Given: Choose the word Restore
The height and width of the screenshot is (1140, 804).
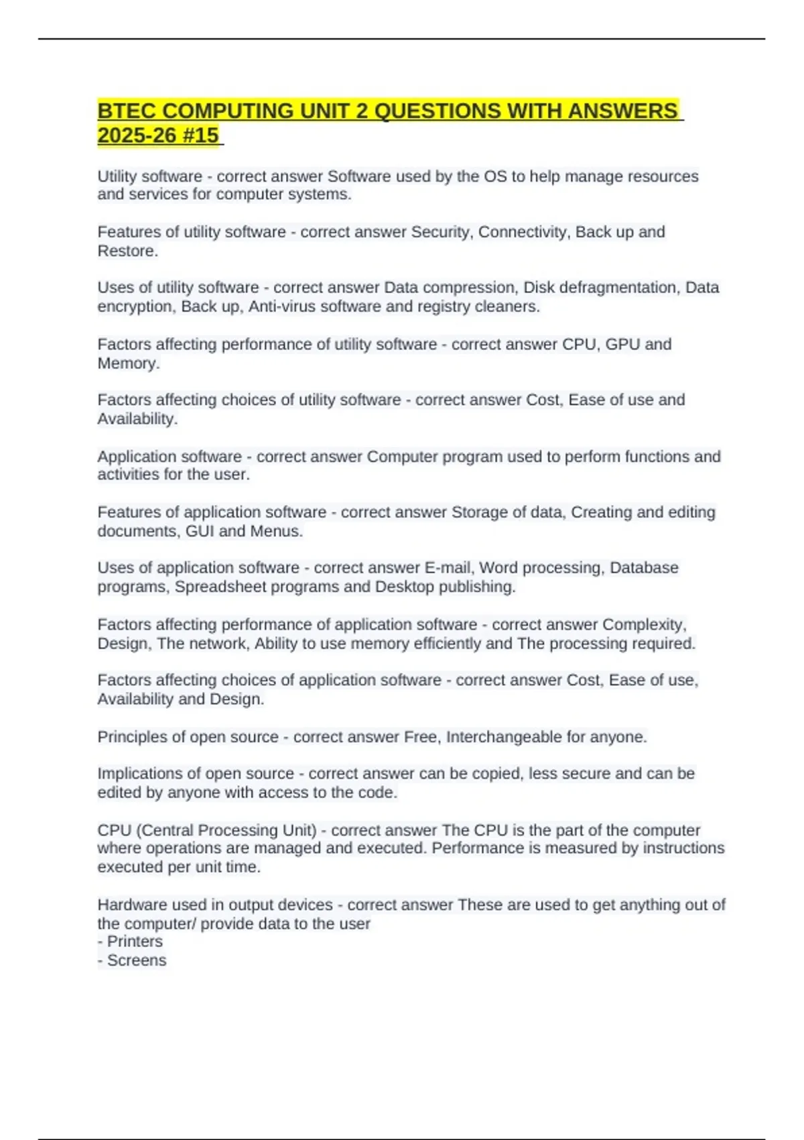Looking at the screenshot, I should click(x=127, y=251).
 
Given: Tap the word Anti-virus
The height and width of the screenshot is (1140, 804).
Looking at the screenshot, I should click(x=284, y=306).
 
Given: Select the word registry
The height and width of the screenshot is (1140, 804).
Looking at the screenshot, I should click(x=444, y=306).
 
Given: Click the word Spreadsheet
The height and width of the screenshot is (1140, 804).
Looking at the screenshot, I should click(x=220, y=587).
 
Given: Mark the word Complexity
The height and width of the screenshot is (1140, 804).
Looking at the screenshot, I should click(x=644, y=624).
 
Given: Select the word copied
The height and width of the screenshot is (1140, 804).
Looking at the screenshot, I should click(x=496, y=773).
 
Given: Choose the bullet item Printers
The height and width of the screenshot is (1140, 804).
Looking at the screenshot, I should click(x=135, y=942).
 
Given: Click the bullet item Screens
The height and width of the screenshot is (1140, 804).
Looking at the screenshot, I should click(x=137, y=960).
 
